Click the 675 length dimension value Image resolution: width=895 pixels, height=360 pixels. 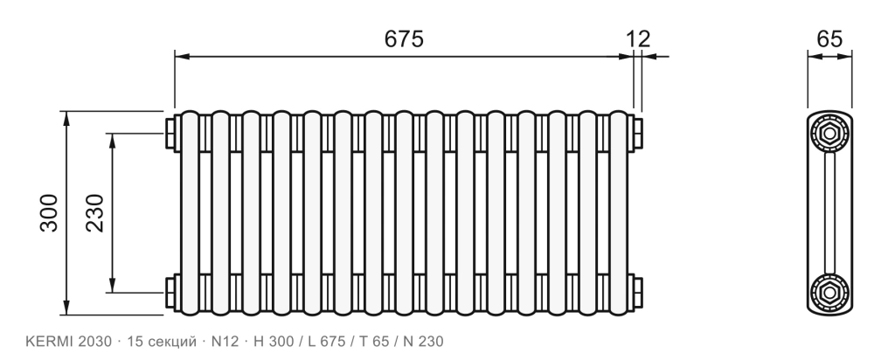pyautogui.click(x=404, y=38)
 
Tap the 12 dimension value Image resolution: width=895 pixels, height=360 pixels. pyautogui.click(x=638, y=38)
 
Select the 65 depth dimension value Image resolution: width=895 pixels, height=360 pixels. pyautogui.click(x=829, y=38)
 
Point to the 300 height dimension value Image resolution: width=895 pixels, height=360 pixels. pyautogui.click(x=49, y=213)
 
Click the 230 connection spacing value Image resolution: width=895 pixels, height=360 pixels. pyautogui.click(x=95, y=213)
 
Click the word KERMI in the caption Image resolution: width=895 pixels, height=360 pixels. pyautogui.click(x=50, y=342)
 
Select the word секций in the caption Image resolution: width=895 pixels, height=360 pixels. pyautogui.click(x=172, y=342)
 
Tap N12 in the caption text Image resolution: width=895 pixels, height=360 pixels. pyautogui.click(x=225, y=342)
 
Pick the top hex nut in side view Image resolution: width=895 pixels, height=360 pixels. pyautogui.click(x=829, y=134)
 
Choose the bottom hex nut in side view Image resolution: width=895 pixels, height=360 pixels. pyautogui.click(x=829, y=292)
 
